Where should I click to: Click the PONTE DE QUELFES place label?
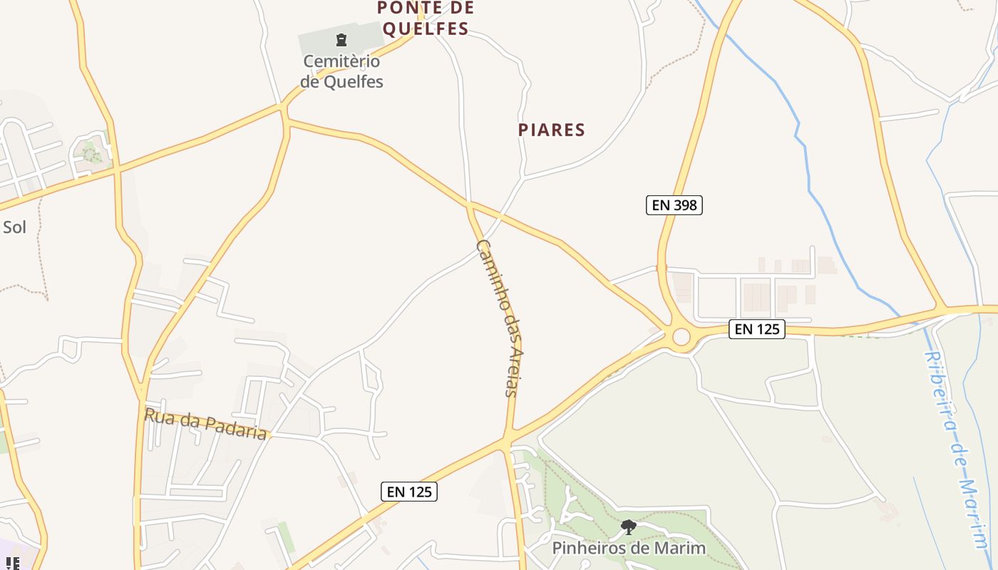coord(425,19)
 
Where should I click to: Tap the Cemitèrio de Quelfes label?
coord(341,71)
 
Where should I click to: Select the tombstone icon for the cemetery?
coord(341,40)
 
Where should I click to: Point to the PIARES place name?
coord(552,130)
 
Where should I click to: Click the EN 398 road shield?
coord(674,205)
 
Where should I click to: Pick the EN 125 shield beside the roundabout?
coord(757,328)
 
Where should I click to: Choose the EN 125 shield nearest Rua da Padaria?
coord(409,491)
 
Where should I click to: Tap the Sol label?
coord(14,227)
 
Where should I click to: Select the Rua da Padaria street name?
coord(206,424)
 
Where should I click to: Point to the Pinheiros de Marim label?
coord(629,548)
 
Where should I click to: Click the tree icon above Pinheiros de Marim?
coord(628,527)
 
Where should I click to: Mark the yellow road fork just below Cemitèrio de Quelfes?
coord(284,110)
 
